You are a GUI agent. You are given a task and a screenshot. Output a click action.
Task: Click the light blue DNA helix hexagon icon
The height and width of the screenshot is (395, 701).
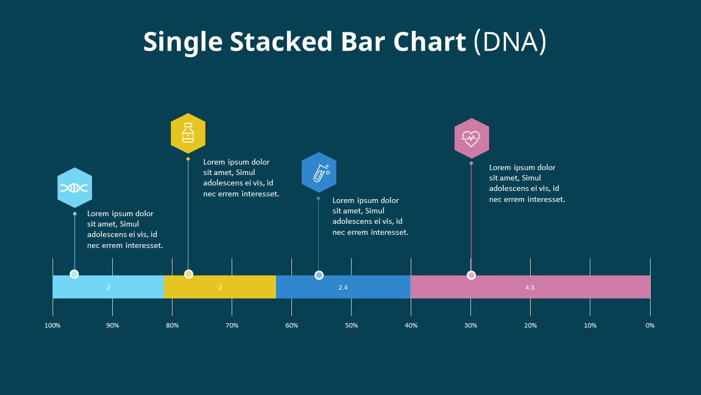[74, 188]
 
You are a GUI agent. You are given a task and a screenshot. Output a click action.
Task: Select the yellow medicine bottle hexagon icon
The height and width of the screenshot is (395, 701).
[188, 133]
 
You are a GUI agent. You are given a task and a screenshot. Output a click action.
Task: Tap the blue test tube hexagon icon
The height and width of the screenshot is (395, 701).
[319, 172]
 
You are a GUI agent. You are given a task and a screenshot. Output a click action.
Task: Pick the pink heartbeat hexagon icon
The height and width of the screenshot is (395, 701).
[471, 138]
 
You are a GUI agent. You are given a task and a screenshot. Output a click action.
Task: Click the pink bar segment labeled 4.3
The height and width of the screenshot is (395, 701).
[530, 287]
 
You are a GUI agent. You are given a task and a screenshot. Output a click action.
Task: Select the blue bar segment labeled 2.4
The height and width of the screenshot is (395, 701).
[343, 287]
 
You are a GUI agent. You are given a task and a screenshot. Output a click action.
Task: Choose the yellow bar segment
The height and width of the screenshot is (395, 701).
[220, 287]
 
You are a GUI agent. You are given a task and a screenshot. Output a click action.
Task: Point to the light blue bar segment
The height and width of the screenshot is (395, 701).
[108, 287]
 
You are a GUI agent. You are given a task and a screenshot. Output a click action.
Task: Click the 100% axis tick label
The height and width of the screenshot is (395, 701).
[53, 325]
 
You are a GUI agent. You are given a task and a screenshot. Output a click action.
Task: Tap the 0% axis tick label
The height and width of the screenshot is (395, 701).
[650, 325]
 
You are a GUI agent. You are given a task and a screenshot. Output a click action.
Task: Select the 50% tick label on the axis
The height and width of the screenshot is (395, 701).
[351, 325]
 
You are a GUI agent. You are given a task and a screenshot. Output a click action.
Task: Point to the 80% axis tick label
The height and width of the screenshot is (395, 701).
[172, 325]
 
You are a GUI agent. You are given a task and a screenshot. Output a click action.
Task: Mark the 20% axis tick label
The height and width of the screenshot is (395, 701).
[530, 325]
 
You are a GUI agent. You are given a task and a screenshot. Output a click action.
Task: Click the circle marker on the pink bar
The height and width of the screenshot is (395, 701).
[471, 275]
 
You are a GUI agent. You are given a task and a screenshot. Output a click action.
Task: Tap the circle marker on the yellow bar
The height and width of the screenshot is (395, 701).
[188, 274]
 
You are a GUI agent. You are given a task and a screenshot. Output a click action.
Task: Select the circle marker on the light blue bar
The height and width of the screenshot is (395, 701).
[74, 274]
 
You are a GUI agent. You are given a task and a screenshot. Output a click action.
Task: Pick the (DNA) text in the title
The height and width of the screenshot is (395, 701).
[510, 42]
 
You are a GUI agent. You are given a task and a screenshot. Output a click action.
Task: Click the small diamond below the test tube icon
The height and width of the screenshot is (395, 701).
[318, 198]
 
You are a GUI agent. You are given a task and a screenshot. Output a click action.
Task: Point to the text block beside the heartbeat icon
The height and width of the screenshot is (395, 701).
[526, 183]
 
